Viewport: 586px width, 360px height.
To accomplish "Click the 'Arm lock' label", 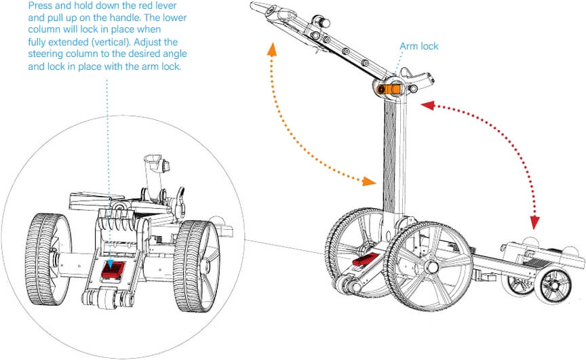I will (418, 47).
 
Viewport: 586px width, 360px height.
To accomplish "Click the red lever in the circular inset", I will (113, 270).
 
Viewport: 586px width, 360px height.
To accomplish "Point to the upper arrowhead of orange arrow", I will (272, 48).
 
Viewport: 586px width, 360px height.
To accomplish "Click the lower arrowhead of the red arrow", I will (536, 223).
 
